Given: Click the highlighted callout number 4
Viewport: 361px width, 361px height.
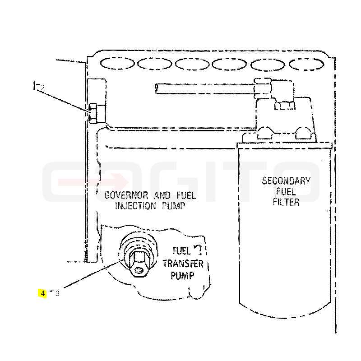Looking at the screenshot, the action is pyautogui.click(x=43, y=294).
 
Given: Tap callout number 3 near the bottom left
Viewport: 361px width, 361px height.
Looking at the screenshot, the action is pyautogui.click(x=57, y=294).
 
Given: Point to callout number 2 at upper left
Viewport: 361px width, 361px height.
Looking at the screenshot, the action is pyautogui.click(x=42, y=88).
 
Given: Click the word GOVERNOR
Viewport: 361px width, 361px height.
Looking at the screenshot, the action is pyautogui.click(x=126, y=195).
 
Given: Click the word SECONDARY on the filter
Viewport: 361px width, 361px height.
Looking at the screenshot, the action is pyautogui.click(x=286, y=181).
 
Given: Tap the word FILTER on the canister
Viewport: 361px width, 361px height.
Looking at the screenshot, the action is pyautogui.click(x=286, y=202).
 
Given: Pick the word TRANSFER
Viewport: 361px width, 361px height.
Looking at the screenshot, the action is pyautogui.click(x=183, y=264).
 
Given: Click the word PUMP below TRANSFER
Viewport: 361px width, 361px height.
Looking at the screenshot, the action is pyautogui.click(x=183, y=275).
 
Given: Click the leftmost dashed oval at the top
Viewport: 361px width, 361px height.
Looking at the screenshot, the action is pyautogui.click(x=117, y=63).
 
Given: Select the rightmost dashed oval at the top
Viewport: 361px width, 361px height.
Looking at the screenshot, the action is pyautogui.click(x=306, y=64).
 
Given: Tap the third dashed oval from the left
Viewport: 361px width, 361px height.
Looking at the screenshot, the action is pyautogui.click(x=192, y=64).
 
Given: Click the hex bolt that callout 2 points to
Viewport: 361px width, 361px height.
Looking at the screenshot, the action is pyautogui.click(x=93, y=113).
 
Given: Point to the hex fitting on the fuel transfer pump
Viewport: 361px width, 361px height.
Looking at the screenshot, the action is pyautogui.click(x=138, y=263).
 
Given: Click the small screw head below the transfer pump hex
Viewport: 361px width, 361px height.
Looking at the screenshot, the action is pyautogui.click(x=138, y=269).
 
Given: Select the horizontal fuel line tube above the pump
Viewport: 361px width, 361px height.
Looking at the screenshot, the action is pyautogui.click(x=205, y=88).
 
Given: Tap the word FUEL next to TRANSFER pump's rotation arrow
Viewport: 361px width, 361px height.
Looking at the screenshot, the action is pyautogui.click(x=182, y=251).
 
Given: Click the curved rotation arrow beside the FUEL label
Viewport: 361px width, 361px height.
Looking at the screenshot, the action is pyautogui.click(x=198, y=250).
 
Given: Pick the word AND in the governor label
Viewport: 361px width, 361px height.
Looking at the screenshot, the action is pyautogui.click(x=162, y=195).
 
